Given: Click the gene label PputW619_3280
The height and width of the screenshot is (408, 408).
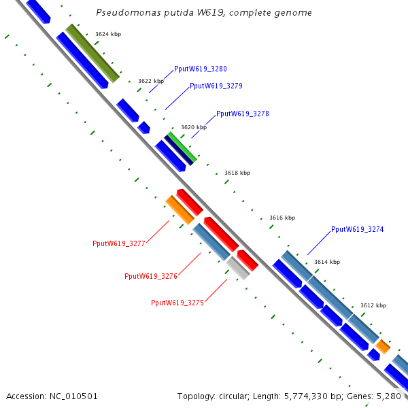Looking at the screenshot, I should [200, 69].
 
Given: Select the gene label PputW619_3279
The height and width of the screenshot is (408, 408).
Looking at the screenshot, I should [216, 86].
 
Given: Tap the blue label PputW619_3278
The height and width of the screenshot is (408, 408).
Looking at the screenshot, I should [242, 114].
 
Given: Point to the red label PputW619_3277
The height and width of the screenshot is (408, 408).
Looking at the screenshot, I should [119, 243].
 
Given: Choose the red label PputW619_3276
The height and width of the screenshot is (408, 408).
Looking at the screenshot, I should [150, 276].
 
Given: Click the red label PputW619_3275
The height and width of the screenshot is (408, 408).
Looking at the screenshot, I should [177, 303].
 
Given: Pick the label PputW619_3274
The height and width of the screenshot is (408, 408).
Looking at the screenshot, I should [357, 229].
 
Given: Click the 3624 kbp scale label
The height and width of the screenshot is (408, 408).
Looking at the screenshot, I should [107, 33].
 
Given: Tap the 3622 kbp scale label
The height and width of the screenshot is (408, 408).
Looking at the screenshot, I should [150, 81].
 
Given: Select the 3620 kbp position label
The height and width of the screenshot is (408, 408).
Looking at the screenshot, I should [193, 127].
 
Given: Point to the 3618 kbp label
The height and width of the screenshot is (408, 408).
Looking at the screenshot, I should [237, 173].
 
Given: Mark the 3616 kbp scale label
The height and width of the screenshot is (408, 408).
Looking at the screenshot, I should [282, 218].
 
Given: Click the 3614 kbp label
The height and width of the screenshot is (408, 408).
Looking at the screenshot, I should [326, 262].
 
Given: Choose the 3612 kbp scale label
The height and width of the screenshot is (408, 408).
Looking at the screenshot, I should [373, 305].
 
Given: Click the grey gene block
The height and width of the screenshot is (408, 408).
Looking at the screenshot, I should [238, 268].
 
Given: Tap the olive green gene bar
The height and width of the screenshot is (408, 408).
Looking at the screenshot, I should [92, 53].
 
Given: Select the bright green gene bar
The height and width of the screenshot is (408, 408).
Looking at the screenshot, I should [182, 147].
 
